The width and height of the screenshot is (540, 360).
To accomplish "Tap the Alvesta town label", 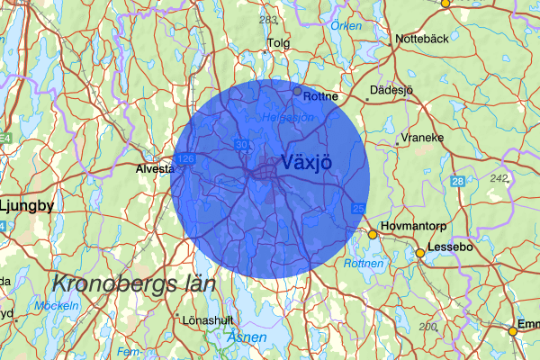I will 154,168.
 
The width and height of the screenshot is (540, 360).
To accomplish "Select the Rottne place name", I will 321,96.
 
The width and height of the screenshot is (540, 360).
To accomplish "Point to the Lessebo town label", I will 449,245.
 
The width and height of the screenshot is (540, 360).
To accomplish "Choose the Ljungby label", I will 27,205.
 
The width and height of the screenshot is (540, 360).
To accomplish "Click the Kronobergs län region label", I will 133,283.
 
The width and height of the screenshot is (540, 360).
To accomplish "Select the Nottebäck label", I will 423,40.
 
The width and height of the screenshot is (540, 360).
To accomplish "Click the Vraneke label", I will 423,139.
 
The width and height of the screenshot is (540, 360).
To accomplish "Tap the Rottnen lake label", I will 364,264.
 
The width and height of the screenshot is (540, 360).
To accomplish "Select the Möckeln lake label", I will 57,306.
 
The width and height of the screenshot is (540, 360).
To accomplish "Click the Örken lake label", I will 346,26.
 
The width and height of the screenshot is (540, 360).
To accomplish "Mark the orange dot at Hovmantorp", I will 373,235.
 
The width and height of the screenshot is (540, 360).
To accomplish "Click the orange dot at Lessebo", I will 419,254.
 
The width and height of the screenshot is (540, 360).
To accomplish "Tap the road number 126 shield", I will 186,158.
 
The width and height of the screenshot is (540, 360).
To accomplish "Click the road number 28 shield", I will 458,182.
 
